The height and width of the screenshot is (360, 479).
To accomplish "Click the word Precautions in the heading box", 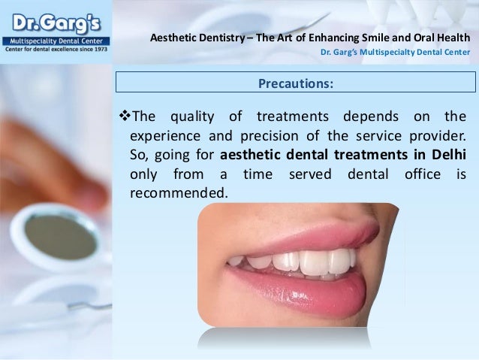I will click(295, 83).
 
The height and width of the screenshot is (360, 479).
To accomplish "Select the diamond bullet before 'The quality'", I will click(125, 116).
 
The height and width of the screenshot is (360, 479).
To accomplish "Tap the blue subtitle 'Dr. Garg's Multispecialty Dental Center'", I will click(396, 53).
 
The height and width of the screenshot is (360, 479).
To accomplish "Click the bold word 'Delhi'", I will click(447, 156).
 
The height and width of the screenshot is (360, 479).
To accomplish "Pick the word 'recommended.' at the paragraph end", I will click(178, 193).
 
